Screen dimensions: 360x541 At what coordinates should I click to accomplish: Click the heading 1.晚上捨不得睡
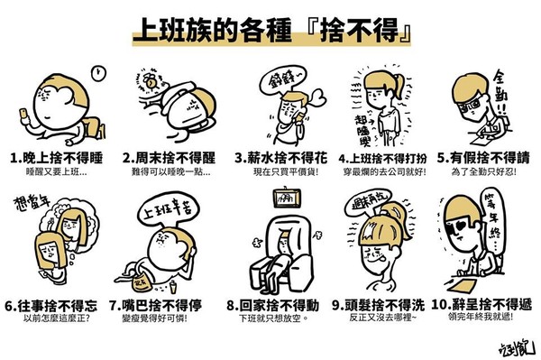56,156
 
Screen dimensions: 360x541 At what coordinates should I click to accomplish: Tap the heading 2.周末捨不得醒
164,156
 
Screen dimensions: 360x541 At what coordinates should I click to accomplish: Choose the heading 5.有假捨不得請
488,156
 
